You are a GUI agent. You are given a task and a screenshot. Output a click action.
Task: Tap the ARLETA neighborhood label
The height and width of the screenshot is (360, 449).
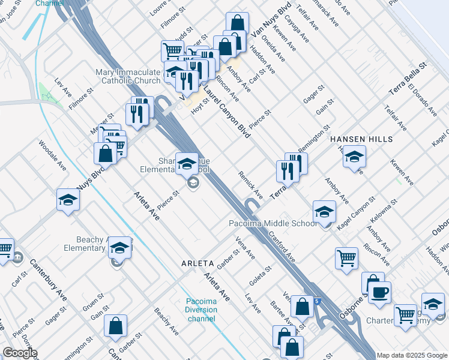click(197, 263)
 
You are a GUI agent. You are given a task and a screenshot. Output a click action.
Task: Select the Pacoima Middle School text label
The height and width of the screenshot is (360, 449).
click(273, 224)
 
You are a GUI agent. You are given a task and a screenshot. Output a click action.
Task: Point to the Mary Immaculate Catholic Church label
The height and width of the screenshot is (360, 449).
click(128, 76)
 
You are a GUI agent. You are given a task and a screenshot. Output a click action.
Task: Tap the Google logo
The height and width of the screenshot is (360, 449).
click(19, 353)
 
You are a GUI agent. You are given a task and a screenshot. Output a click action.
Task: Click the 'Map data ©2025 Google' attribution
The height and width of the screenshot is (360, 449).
click(412, 355)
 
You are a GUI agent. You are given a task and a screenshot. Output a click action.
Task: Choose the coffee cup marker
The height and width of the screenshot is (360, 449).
click(379, 293)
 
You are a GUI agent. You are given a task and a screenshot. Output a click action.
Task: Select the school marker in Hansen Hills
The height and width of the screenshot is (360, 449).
click(354, 157)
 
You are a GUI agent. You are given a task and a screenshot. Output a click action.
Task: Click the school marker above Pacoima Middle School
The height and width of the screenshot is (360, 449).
click(324, 212)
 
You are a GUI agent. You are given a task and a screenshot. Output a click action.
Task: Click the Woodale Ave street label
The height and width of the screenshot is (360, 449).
click(53, 157)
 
